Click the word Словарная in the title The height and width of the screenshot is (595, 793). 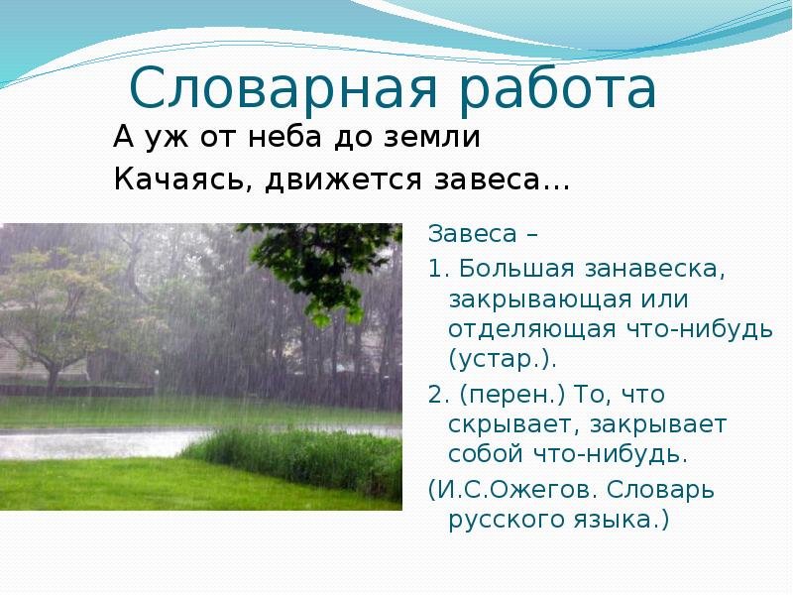coord(283,89)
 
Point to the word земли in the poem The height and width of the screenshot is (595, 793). coord(431,137)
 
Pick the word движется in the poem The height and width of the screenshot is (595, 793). coord(343,179)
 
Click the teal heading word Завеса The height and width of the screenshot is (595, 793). coord(473,234)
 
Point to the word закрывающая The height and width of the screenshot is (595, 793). coord(540,299)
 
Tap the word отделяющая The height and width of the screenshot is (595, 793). coord(532,330)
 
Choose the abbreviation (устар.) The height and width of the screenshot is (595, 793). coord(503,359)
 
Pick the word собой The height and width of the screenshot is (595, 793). coord(486,453)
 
